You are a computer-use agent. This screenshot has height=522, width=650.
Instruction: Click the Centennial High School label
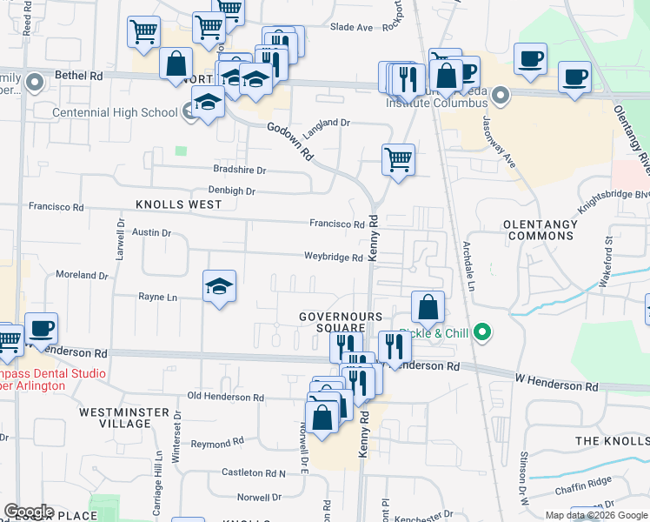pos(116,112)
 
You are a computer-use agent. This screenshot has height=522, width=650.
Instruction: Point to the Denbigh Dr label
pos(231,191)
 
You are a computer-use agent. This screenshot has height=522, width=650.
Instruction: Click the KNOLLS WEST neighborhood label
pos(178,204)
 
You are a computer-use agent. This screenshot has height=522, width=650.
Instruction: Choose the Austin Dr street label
pos(152,233)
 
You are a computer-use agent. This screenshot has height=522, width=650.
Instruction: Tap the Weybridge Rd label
pos(333,258)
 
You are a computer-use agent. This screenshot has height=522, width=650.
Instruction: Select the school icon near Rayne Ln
pos(219,287)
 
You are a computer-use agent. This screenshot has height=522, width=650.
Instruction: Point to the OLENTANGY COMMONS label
pos(541,230)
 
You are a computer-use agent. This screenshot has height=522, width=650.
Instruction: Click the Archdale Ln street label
pos(470,265)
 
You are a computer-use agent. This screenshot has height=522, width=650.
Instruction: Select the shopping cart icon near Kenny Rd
pos(398,160)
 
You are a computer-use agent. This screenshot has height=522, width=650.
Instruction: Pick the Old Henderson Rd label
pos(225,397)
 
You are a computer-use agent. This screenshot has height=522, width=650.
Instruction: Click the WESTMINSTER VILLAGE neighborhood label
pos(126,417)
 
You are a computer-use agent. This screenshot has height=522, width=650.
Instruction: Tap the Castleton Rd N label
pos(254,472)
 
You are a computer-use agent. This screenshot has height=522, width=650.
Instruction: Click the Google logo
pos(29,512)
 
